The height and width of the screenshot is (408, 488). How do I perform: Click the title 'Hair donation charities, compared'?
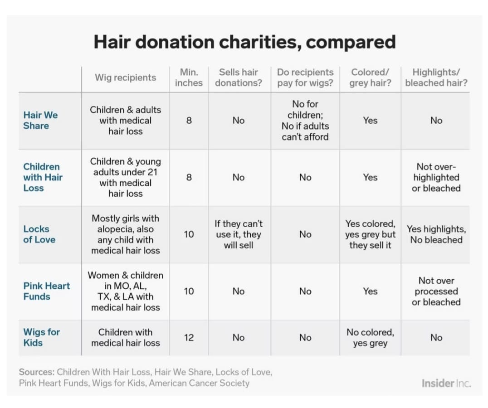pos(244,42)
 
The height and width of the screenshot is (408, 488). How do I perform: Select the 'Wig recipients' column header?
pos(125,78)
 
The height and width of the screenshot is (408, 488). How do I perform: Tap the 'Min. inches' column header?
pos(189,78)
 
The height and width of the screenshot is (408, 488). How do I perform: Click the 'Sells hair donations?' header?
pos(239,78)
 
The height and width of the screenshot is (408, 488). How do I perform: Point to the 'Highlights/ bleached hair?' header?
pos(436,78)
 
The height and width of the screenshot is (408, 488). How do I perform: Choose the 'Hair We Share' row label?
pos(40,121)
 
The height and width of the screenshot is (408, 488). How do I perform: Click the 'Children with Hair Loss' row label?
pos(43,177)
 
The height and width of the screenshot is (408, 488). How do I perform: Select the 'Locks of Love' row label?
pos(39,234)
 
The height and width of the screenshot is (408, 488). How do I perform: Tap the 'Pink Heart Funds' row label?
pos(46,291)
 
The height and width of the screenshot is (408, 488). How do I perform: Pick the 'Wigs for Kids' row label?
pos(41,337)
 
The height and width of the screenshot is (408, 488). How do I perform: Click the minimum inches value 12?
pos(189,338)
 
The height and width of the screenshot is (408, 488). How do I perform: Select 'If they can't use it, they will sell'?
pos(239,234)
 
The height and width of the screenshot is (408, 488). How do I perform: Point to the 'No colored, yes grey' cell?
pos(370,338)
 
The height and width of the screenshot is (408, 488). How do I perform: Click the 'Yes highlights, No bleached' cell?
pos(436,234)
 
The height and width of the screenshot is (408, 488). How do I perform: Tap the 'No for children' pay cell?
pos(305,121)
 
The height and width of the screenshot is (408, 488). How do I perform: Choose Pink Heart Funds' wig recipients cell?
pos(125,291)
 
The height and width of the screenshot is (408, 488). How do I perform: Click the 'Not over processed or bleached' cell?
pos(436,291)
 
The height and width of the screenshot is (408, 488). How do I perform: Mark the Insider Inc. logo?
pos(446,384)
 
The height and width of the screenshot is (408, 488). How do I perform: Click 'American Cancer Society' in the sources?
pos(200,383)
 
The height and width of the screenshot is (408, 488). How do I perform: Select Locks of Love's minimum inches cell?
pos(189,234)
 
